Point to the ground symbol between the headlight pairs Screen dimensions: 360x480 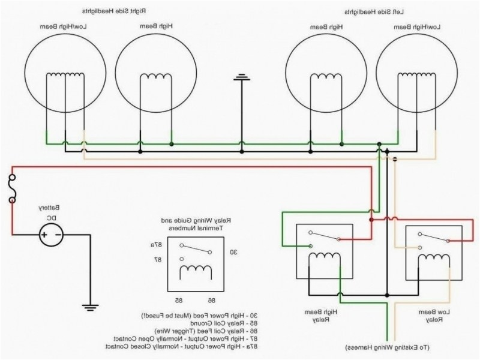coord(242,77)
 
